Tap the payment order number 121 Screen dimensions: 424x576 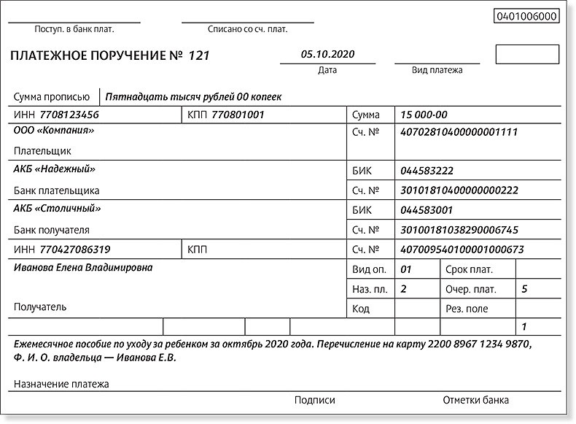[199, 56]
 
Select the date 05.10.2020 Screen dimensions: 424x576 [327, 55]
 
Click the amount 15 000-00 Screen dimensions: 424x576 [424, 115]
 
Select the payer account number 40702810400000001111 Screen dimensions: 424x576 [459, 132]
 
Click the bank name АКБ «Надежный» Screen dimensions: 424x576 [55, 169]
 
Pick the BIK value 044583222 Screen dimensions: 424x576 [427, 171]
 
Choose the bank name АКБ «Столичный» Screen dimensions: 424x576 [57, 208]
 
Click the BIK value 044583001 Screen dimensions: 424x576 [427, 210]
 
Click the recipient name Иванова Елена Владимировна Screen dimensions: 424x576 [83, 268]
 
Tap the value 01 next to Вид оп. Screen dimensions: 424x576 [407, 269]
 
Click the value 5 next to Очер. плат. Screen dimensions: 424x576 [525, 289]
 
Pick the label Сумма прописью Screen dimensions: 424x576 [51, 96]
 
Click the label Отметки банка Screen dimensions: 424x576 [475, 400]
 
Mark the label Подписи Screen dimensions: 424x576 [315, 400]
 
